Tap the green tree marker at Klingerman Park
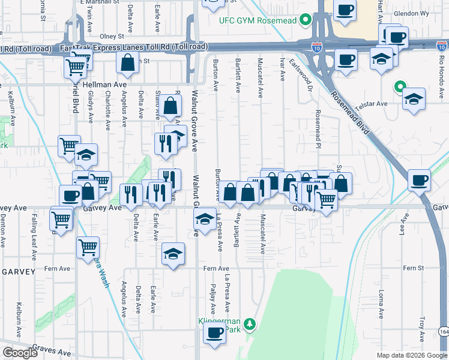coord(250,325)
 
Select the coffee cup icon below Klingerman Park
coord(214,334)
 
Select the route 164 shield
coord(444,331)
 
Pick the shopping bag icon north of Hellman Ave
coord(128,62)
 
